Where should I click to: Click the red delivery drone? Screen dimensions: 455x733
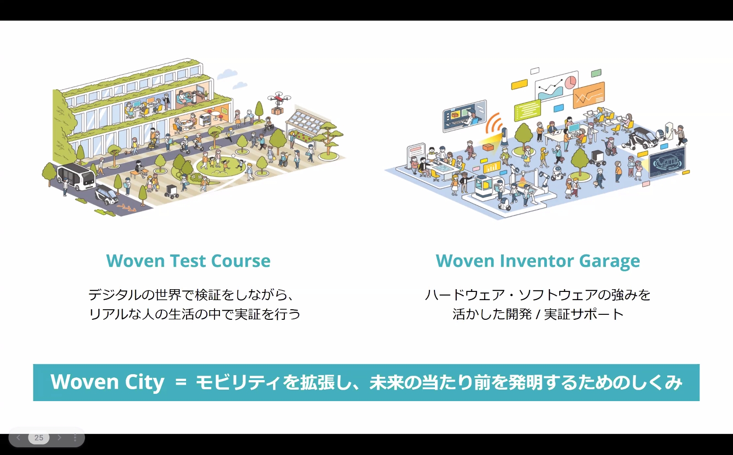click(x=278, y=98)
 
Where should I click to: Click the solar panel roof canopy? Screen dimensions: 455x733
click(x=305, y=122)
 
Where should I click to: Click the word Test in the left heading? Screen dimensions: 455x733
click(x=188, y=261)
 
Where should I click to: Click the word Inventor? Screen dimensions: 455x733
click(x=537, y=261)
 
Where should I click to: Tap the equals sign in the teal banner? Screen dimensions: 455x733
click(x=181, y=382)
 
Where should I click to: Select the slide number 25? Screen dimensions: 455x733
click(x=39, y=438)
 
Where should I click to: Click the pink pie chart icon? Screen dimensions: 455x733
click(x=570, y=82)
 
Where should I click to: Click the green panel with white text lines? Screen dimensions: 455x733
click(x=527, y=110)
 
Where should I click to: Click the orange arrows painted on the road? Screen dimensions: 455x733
click(x=126, y=208)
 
